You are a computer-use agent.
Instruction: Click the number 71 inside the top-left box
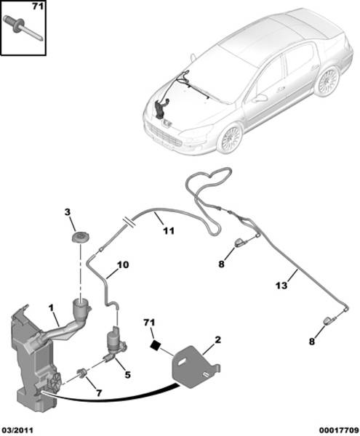click(x=38, y=6)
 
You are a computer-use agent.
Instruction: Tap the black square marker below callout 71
click(x=155, y=345)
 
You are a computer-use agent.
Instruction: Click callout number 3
click(x=67, y=212)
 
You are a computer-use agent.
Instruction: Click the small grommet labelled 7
click(x=82, y=373)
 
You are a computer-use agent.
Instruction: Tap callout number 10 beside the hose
click(x=123, y=265)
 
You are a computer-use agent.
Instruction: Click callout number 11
click(x=169, y=230)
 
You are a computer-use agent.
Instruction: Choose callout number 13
click(x=281, y=286)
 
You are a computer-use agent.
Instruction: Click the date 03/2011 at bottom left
click(x=17, y=430)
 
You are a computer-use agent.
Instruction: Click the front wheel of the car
click(x=230, y=138)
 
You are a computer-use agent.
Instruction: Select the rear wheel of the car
click(x=328, y=80)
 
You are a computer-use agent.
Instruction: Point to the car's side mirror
click(x=261, y=98)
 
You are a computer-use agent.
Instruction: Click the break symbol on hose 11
click(x=129, y=222)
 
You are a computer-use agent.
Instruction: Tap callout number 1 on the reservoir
click(x=51, y=308)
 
